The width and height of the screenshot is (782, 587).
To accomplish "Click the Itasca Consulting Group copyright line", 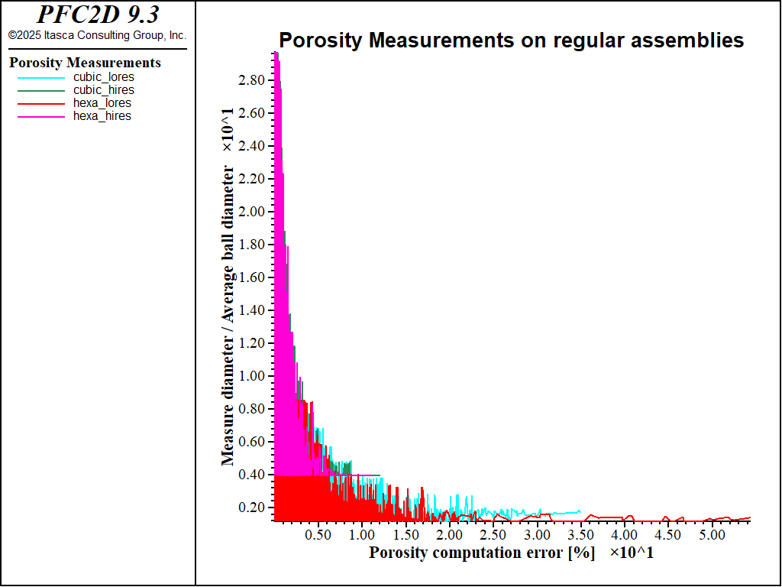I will pyautogui.click(x=97, y=35).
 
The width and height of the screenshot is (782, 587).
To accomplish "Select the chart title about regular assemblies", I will pyautogui.click(x=511, y=41).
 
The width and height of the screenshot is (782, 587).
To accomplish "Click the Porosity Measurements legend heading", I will pyautogui.click(x=85, y=63).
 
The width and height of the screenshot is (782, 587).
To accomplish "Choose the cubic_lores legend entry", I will pyautogui.click(x=103, y=77).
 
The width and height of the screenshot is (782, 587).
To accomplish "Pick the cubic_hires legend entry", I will pyautogui.click(x=103, y=90).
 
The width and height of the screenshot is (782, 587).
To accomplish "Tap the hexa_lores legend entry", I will pyautogui.click(x=102, y=103).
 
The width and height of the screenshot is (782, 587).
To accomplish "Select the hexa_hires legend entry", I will pyautogui.click(x=102, y=116).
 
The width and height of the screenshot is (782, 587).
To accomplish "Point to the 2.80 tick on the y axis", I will pyautogui.click(x=252, y=80).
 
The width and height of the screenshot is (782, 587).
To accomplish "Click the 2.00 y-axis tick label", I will pyautogui.click(x=252, y=212).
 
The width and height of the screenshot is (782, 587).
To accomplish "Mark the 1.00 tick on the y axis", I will pyautogui.click(x=252, y=376).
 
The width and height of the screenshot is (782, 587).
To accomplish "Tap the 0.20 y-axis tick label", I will pyautogui.click(x=252, y=508).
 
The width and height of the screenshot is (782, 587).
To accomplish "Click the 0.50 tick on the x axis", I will pyautogui.click(x=318, y=535).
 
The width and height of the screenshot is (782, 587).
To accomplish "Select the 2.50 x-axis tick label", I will pyautogui.click(x=493, y=535).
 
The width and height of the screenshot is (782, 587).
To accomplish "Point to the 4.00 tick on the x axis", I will pyautogui.click(x=625, y=535).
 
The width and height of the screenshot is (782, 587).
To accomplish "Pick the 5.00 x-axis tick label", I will pyautogui.click(x=712, y=535).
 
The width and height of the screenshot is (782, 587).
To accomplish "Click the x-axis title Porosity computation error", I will pyautogui.click(x=482, y=553).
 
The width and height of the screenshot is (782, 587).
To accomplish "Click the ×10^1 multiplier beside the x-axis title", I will pyautogui.click(x=632, y=553).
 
